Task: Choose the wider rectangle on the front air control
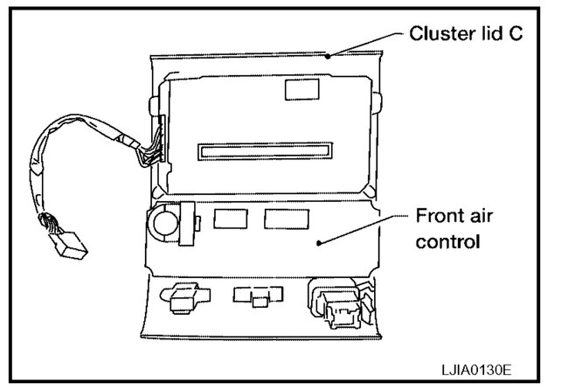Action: coord(286,219)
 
